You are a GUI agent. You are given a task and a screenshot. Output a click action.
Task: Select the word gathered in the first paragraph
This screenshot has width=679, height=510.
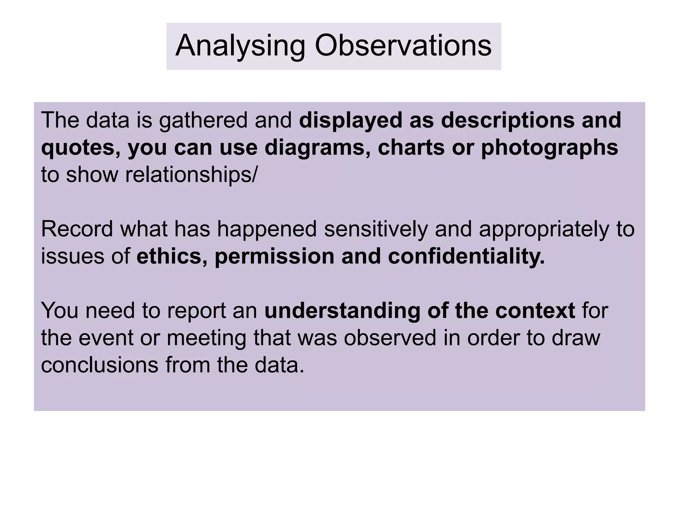pyautogui.click(x=203, y=120)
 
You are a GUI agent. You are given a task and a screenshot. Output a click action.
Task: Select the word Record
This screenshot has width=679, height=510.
pyautogui.click(x=77, y=229)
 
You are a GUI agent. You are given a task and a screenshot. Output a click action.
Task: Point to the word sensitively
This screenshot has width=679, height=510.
pyautogui.click(x=376, y=229)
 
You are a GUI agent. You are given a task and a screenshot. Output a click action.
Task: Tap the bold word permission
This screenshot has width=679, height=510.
pyautogui.click(x=275, y=256)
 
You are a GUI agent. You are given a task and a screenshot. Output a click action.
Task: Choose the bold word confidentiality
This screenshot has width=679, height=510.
pyautogui.click(x=466, y=256)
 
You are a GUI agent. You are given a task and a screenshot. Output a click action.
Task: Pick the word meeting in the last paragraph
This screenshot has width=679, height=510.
pyautogui.click(x=207, y=338)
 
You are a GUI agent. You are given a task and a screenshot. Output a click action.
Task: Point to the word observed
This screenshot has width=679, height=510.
pyautogui.click(x=390, y=338)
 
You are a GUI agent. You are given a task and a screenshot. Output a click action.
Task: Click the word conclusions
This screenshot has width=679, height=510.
pyautogui.click(x=99, y=365)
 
